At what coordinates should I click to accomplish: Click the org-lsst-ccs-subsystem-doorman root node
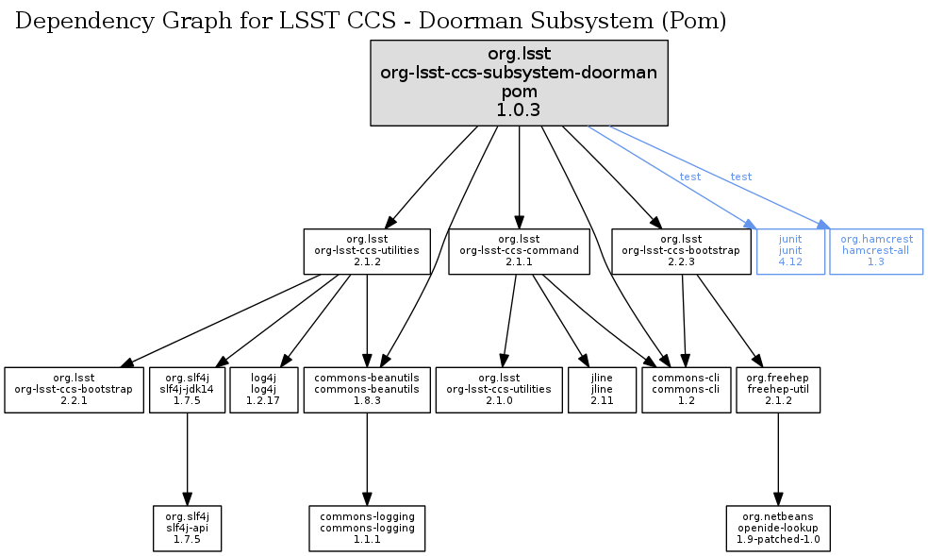[x=519, y=82]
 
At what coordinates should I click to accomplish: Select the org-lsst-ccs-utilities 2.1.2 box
[x=366, y=251]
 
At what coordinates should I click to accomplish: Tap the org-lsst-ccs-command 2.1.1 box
[x=519, y=251]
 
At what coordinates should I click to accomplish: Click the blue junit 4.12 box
[x=790, y=251]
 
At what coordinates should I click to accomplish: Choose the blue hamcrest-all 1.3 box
[x=876, y=251]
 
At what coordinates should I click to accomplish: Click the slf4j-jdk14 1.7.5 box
[x=187, y=389]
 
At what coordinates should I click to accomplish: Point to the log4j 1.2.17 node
[x=263, y=389]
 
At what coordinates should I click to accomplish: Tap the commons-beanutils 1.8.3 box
[x=367, y=389]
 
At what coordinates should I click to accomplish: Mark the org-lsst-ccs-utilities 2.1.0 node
[x=499, y=389]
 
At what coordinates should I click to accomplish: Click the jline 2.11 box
[x=601, y=389]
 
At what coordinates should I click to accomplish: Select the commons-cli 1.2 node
[x=686, y=389]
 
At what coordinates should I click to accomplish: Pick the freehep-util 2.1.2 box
[x=777, y=389]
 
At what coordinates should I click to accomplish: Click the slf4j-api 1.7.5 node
[x=187, y=528]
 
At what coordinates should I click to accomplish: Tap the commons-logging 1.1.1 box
[x=367, y=528]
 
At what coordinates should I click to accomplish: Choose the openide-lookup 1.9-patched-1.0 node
[x=778, y=528]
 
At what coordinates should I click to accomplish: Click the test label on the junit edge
[x=689, y=177]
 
